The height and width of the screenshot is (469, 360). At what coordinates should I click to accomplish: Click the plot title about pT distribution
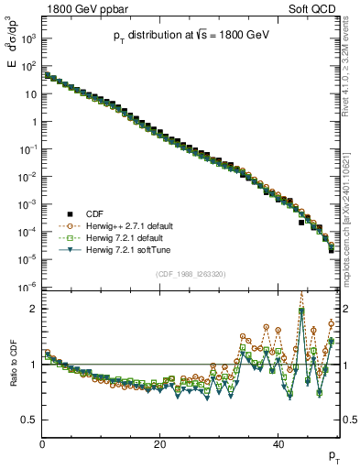click(x=191, y=34)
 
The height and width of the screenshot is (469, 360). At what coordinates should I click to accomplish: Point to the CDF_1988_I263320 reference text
click(x=191, y=273)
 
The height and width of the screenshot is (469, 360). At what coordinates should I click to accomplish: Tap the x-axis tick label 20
click(x=160, y=444)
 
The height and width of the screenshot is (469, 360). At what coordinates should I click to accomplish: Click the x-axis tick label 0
click(x=42, y=444)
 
